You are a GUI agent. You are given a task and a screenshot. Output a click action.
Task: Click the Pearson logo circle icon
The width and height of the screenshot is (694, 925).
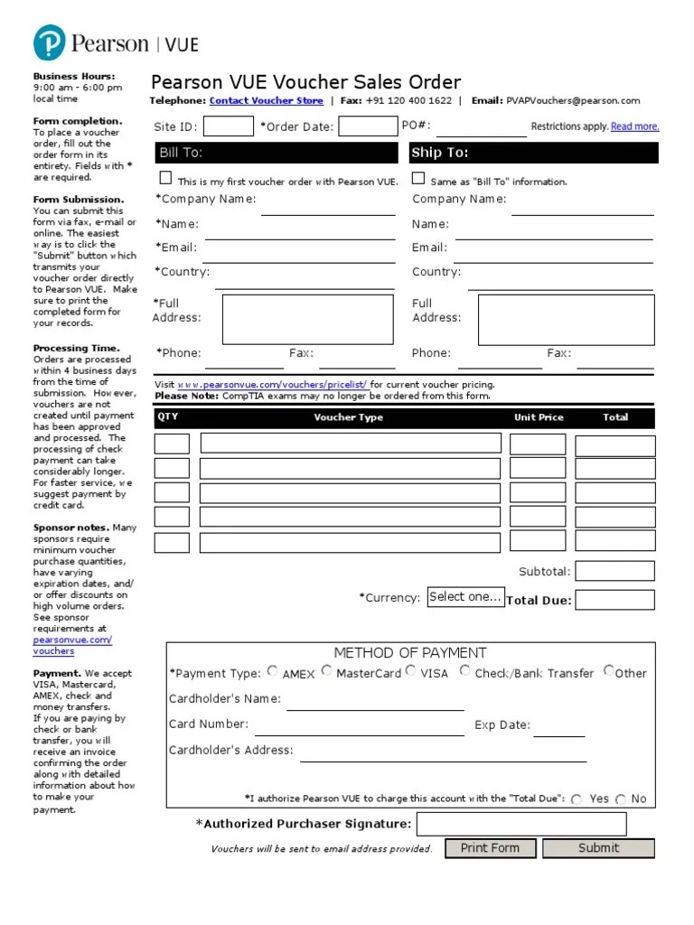(50, 43)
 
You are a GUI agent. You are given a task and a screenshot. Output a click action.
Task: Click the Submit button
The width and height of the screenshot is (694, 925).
(598, 848)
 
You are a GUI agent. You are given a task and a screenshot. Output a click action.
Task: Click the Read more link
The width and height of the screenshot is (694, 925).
(634, 127)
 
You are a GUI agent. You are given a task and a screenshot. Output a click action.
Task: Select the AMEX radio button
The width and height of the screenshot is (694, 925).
(273, 671)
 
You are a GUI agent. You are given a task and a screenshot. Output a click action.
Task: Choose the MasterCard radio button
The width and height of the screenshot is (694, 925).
(326, 671)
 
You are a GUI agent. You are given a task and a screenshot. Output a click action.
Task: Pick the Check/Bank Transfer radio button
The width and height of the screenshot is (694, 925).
(464, 671)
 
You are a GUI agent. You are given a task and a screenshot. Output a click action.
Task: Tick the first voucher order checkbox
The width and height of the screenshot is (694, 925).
(165, 179)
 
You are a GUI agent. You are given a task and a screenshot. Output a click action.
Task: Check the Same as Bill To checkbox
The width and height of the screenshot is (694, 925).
(418, 179)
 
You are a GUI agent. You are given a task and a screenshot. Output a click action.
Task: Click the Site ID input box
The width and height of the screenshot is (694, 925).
(229, 126)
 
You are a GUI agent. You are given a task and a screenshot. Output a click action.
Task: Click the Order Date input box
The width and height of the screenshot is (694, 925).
(367, 126)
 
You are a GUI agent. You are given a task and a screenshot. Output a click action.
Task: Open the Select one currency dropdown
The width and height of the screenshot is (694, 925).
(464, 597)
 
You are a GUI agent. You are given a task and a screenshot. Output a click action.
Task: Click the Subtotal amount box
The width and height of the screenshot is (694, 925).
(614, 571)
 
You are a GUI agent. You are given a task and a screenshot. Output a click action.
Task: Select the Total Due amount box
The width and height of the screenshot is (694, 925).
(614, 600)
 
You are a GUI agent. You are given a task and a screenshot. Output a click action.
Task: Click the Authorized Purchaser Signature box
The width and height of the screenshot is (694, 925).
(520, 824)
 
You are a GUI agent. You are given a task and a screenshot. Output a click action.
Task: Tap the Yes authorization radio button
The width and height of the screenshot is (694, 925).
(577, 799)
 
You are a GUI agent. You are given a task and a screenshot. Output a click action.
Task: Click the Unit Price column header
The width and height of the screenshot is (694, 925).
(539, 417)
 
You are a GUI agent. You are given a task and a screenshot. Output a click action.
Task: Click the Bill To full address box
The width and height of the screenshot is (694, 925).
(307, 318)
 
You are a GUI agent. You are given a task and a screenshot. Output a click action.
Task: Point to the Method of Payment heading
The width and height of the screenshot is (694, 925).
(410, 652)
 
